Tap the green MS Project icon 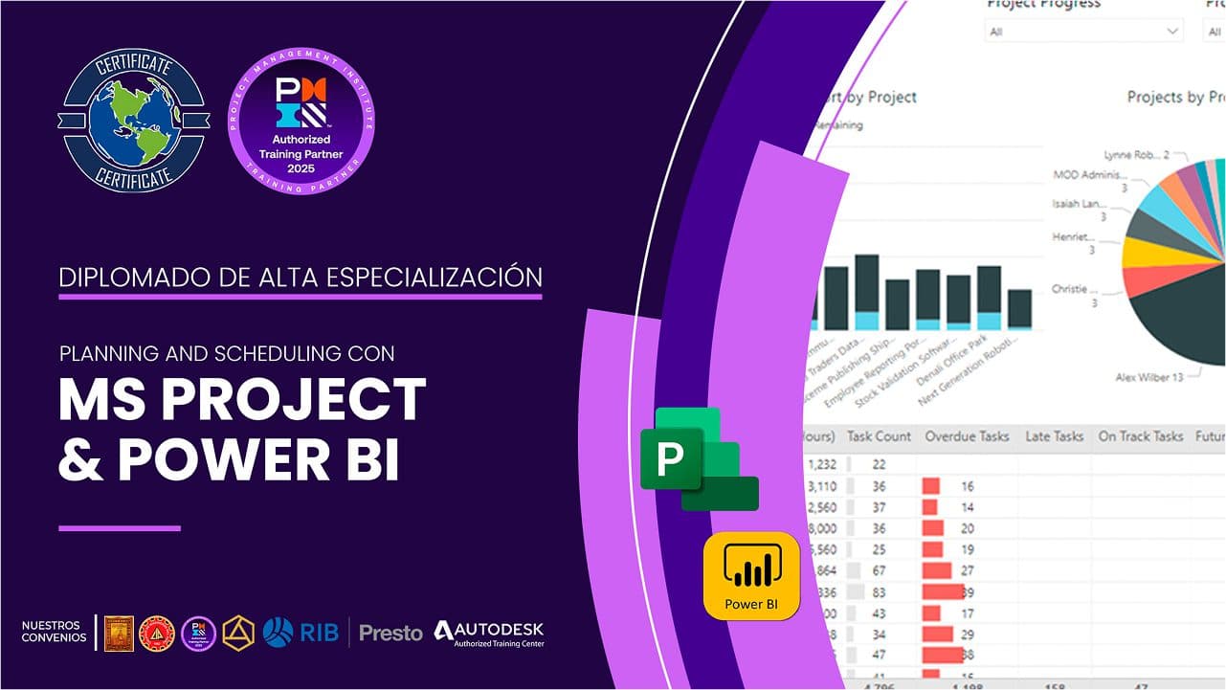pyautogui.click(x=698, y=458)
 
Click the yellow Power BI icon pyautogui.click(x=751, y=575)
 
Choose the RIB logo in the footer pyautogui.click(x=301, y=633)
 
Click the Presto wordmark pyautogui.click(x=390, y=633)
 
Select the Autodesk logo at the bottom pyautogui.click(x=488, y=633)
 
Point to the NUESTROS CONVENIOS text pyautogui.click(x=54, y=633)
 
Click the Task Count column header pyautogui.click(x=879, y=436)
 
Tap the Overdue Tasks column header pyautogui.click(x=967, y=436)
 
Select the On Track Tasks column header pyautogui.click(x=1140, y=436)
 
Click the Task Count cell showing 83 pyautogui.click(x=879, y=591)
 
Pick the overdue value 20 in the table pyautogui.click(x=968, y=528)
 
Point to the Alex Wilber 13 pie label pyautogui.click(x=1149, y=378)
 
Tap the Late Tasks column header pyautogui.click(x=1054, y=436)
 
